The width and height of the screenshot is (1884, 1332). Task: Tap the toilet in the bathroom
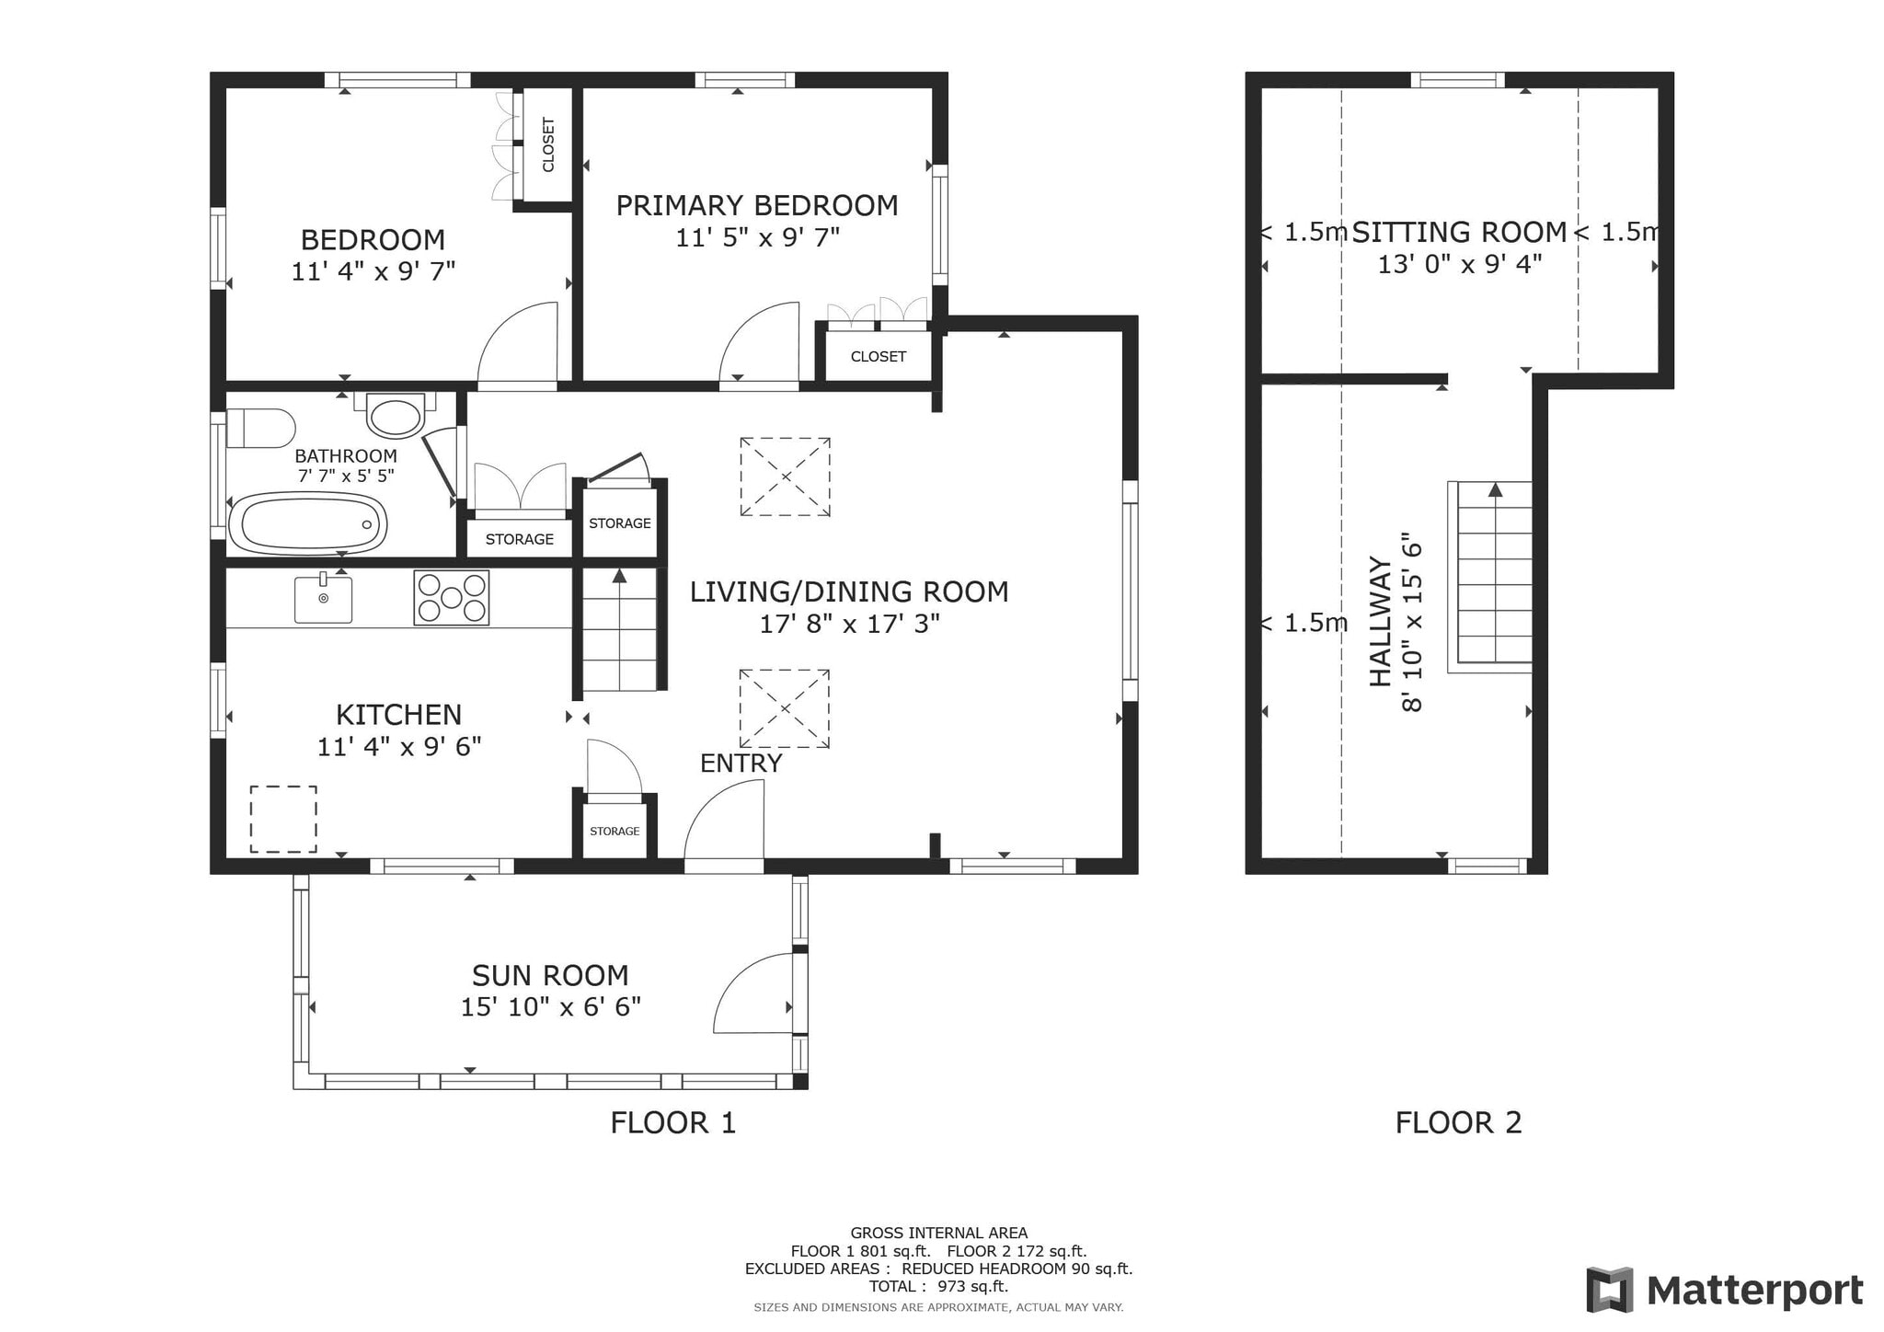click(260, 428)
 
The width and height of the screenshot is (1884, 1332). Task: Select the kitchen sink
click(323, 598)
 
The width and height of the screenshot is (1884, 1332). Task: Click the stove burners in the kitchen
click(451, 598)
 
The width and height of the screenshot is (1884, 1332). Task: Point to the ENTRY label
click(741, 764)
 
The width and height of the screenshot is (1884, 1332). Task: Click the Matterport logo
click(1724, 1290)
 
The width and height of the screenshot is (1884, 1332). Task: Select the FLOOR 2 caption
click(1458, 1123)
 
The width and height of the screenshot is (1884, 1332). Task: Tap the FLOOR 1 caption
click(673, 1123)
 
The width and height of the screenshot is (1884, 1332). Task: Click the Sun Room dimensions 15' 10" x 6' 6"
click(550, 1007)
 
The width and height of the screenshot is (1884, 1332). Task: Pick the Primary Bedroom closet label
click(879, 357)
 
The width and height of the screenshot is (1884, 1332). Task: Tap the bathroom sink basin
click(396, 416)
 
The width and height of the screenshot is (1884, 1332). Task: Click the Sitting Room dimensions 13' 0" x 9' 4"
click(1459, 265)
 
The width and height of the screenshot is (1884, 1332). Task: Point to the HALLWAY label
click(1381, 621)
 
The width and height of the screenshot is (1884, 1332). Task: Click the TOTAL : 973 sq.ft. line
click(938, 1287)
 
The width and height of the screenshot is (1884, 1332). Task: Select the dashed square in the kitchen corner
click(283, 819)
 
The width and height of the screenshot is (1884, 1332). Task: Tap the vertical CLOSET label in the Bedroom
click(548, 144)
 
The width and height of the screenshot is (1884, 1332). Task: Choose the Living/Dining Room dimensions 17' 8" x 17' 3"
click(849, 625)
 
